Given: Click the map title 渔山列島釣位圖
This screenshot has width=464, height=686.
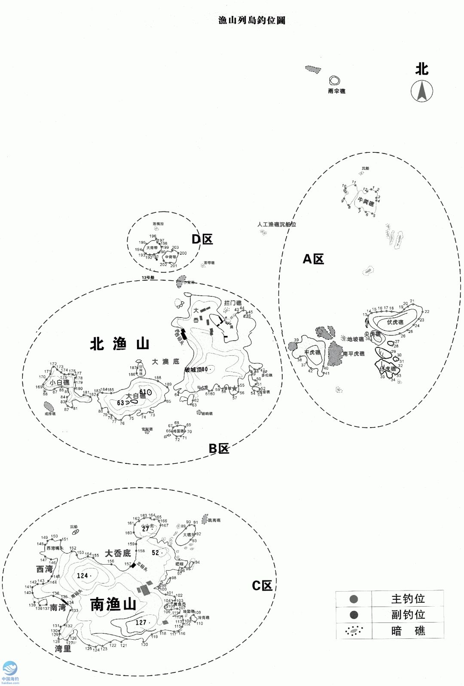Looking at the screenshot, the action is [x=252, y=20].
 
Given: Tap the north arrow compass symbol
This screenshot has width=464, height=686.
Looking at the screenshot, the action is [x=422, y=91].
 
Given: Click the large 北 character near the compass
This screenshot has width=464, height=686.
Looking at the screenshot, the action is [x=421, y=69].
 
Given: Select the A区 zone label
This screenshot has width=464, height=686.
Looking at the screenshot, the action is [x=313, y=259].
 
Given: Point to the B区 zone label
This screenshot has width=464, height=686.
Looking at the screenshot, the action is [x=219, y=448].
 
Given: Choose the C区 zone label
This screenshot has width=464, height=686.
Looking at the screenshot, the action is [x=262, y=585].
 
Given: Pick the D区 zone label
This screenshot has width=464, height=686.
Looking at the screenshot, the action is [x=202, y=239].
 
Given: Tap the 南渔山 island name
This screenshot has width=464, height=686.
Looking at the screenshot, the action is [x=113, y=604].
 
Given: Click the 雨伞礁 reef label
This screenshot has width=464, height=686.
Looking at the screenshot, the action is [x=336, y=91].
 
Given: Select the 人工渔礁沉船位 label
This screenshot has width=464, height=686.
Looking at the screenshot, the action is [x=277, y=224].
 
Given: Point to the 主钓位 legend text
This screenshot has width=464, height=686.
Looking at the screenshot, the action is [x=408, y=598].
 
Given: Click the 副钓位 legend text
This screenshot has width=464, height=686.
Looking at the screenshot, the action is [x=408, y=614].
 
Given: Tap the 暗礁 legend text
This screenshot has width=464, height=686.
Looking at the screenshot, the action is [x=408, y=631].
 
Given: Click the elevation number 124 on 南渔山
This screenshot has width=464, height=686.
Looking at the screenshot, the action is [x=82, y=575].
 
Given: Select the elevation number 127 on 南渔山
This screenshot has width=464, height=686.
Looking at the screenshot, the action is [x=141, y=623].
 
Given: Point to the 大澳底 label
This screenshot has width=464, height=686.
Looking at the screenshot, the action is [x=165, y=362].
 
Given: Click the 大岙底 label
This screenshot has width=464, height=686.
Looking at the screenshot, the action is [x=118, y=553].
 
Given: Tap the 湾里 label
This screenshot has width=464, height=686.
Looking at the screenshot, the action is [x=63, y=649].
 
